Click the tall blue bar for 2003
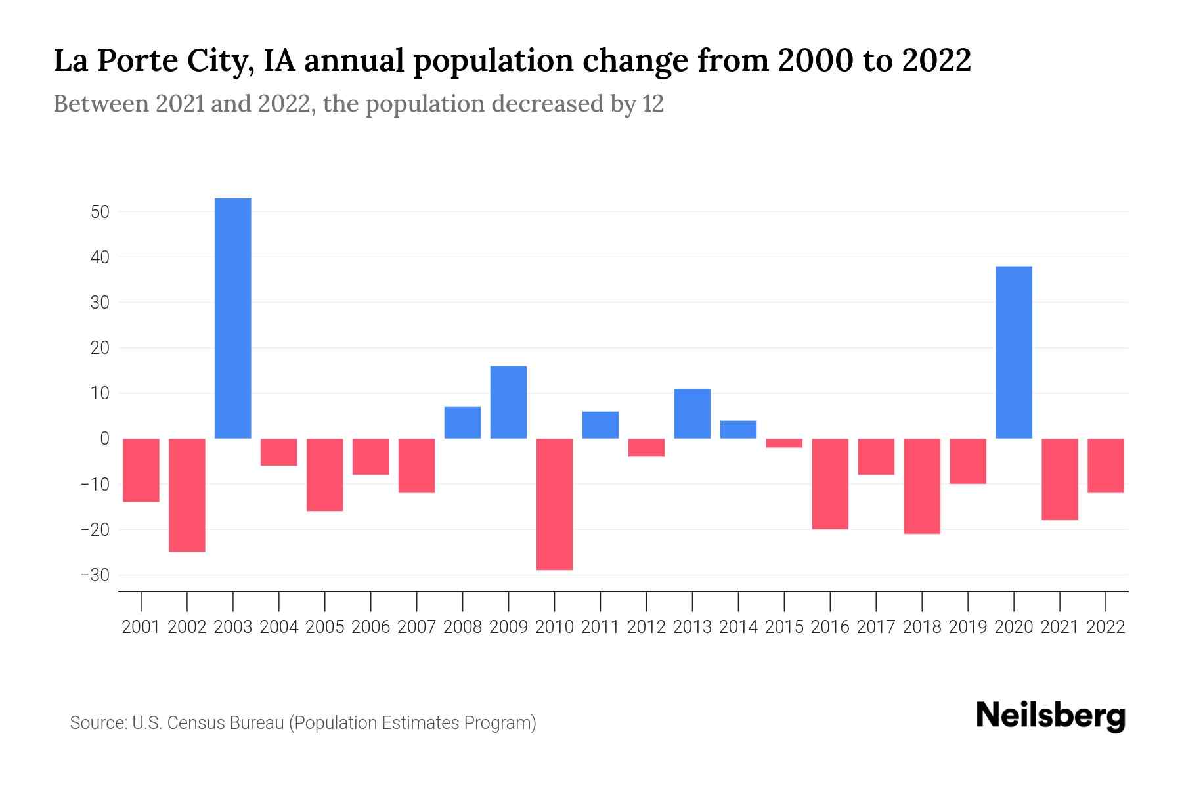pyautogui.click(x=233, y=318)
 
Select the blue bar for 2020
pyautogui.click(x=1014, y=353)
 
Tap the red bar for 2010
pyautogui.click(x=554, y=504)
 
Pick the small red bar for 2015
pyautogui.click(x=784, y=443)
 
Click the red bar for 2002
pyautogui.click(x=187, y=495)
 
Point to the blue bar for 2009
pyautogui.click(x=508, y=403)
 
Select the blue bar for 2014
pyautogui.click(x=738, y=429)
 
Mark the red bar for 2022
pyautogui.click(x=1106, y=466)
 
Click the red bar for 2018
pyautogui.click(x=922, y=486)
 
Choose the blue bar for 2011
pyautogui.click(x=600, y=425)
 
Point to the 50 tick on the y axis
pyautogui.click(x=100, y=212)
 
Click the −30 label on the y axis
pyautogui.click(x=95, y=575)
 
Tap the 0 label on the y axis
pyautogui.click(x=104, y=439)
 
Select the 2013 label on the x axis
pyautogui.click(x=692, y=627)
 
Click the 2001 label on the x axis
pyautogui.click(x=141, y=627)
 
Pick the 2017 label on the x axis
pyautogui.click(x=876, y=627)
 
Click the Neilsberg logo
pyautogui.click(x=1050, y=716)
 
